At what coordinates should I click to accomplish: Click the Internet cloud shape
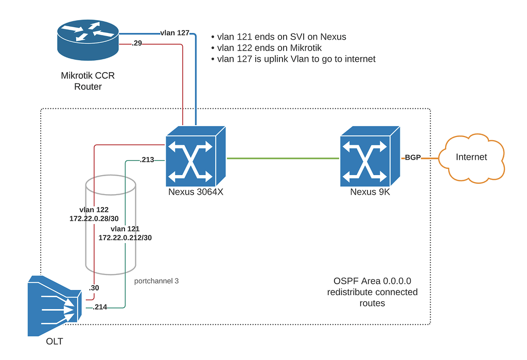click(471, 157)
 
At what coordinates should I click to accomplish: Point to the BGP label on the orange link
click(413, 158)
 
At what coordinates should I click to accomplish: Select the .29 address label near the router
click(136, 44)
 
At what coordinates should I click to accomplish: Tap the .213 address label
click(147, 160)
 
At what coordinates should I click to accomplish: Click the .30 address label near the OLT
click(94, 288)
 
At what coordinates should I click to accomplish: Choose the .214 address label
click(99, 307)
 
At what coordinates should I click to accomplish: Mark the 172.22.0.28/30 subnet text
click(94, 219)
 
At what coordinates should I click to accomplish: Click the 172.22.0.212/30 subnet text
click(125, 237)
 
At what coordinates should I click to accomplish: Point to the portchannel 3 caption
click(156, 281)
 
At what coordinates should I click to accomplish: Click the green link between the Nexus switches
click(283, 158)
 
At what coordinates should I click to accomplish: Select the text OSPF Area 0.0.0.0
click(372, 281)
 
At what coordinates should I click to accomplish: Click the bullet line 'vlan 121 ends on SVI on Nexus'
click(281, 37)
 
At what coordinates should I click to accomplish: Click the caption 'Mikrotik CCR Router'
click(88, 81)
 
